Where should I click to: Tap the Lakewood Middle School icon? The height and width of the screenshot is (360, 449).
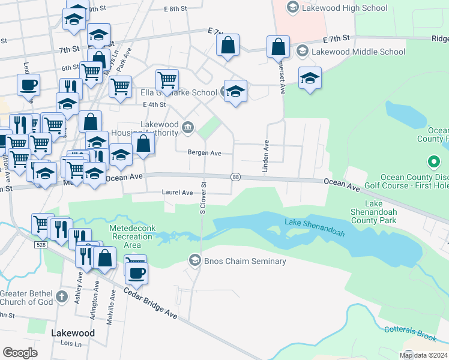point(303,51)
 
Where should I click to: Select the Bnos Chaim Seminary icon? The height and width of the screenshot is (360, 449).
point(194,260)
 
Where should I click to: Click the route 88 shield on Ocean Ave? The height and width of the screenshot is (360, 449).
point(235,176)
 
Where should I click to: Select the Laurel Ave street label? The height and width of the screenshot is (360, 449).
point(177,193)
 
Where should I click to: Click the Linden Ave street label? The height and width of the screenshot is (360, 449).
point(265,157)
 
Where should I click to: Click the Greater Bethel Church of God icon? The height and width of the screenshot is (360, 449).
point(61,296)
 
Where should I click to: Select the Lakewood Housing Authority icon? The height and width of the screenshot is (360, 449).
point(188,127)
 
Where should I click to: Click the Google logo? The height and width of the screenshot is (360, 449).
point(20,353)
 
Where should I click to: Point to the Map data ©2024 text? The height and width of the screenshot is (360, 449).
point(423,355)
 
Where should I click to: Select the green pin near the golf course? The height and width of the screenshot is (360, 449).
point(433,162)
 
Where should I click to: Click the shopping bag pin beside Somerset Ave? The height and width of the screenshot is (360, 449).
point(279,47)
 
